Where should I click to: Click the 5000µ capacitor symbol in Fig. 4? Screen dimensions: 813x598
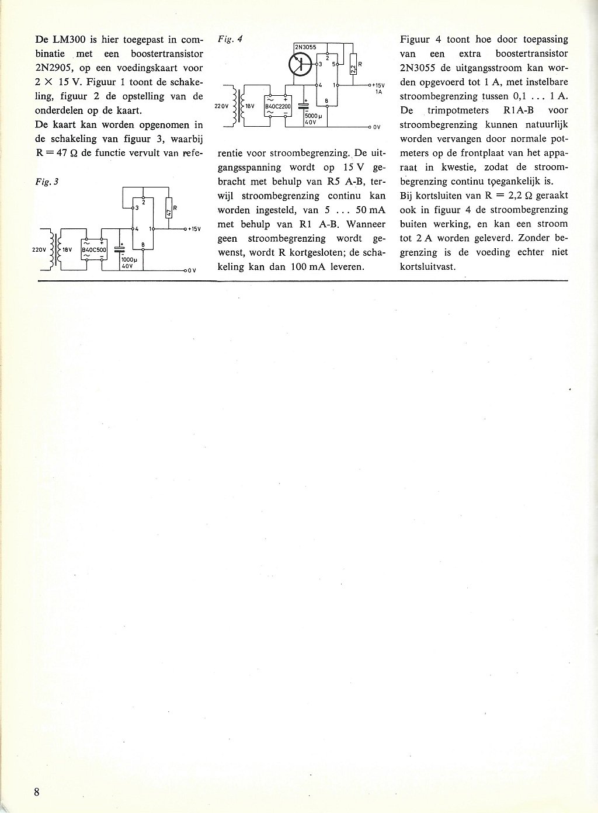[304, 106]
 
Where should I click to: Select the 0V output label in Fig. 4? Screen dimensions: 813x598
[377, 127]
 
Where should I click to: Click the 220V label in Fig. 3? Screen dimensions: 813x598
[39, 249]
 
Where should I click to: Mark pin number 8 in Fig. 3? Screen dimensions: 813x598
[144, 245]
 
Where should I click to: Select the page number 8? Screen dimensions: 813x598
[37, 792]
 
